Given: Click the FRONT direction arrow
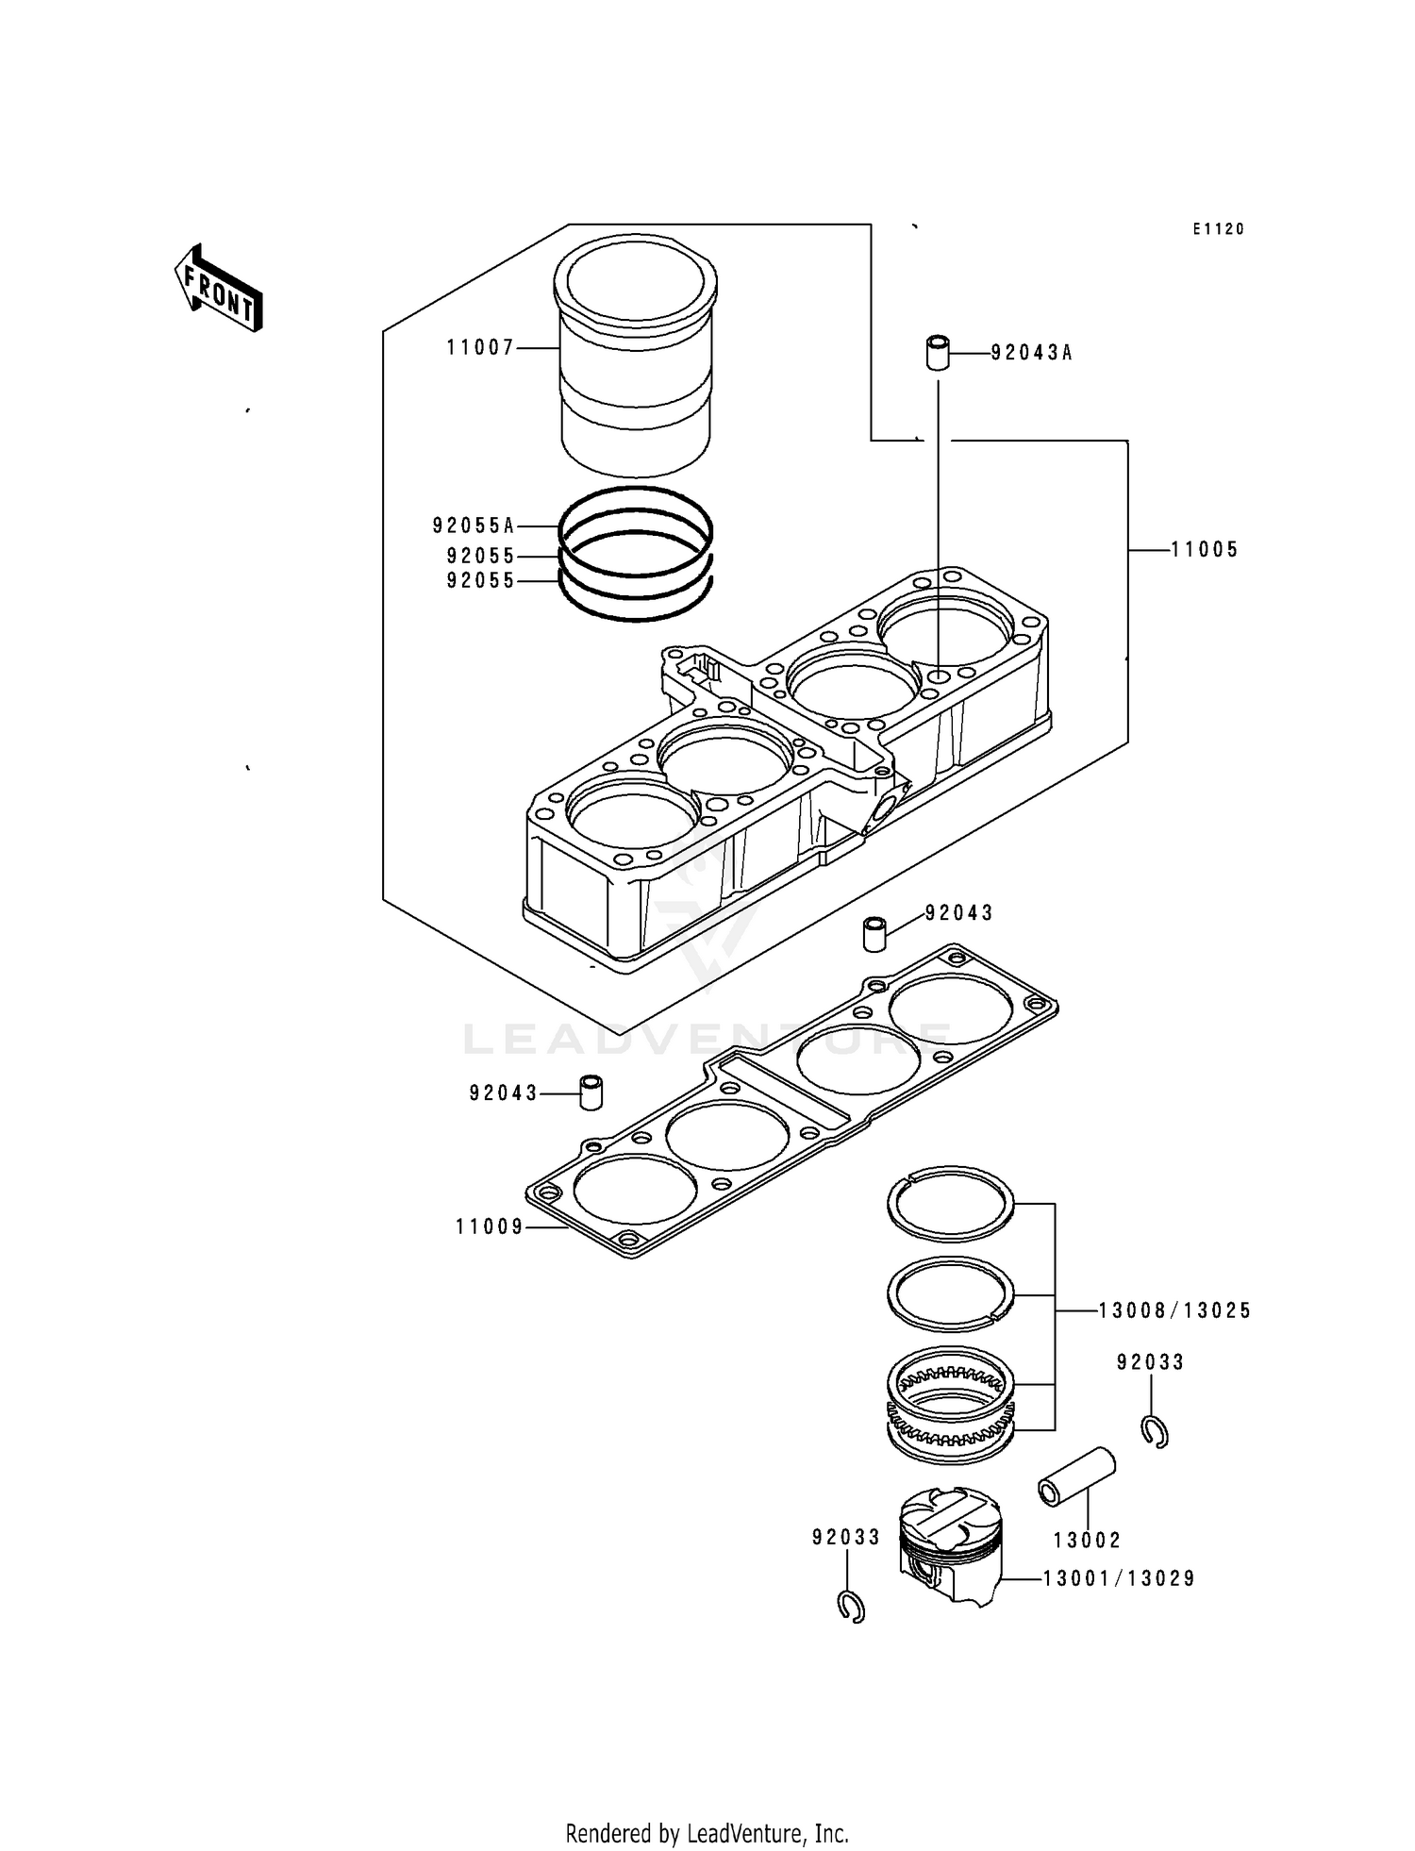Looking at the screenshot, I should (x=218, y=289).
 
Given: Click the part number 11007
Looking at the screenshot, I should (x=480, y=348).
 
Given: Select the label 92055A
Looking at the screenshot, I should (x=474, y=525).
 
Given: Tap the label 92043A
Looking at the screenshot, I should (x=1031, y=354).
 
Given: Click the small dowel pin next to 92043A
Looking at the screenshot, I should (x=937, y=352).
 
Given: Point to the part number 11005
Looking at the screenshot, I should (x=1205, y=550).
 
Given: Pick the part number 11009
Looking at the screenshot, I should (x=490, y=1227).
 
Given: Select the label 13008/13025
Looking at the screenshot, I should (x=1174, y=1310).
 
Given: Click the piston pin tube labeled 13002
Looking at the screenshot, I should (x=1076, y=1478).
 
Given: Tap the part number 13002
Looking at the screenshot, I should (x=1087, y=1541).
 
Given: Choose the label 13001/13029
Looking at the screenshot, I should (x=1119, y=1578).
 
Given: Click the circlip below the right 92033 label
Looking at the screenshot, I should (x=1155, y=1432).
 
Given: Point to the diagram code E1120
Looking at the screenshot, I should (x=1218, y=229).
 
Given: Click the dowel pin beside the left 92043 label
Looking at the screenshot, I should (x=591, y=1092).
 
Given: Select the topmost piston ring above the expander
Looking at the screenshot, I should (x=951, y=1204).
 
